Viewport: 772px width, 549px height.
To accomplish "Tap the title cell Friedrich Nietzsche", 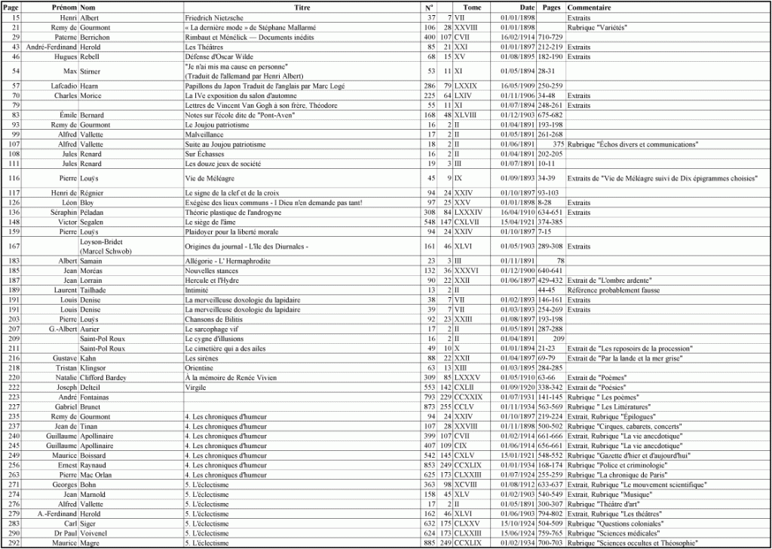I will pyautogui.click(x=215, y=17).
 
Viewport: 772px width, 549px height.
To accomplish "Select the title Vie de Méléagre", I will pyautogui.click(x=210, y=178).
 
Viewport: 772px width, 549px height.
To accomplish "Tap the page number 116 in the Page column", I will pyautogui.click(x=14, y=178).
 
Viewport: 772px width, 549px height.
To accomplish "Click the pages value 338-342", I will pyautogui.click(x=550, y=388).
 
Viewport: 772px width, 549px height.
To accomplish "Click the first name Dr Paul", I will pyautogui.click(x=63, y=533).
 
